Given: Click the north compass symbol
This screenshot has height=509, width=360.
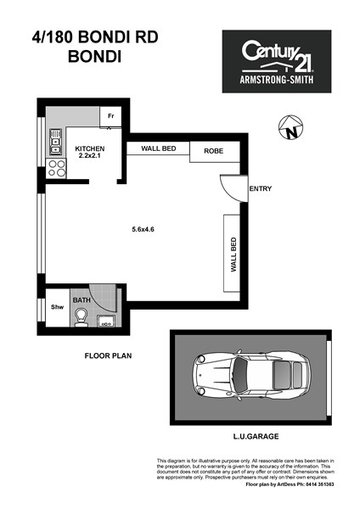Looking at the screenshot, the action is (290, 127).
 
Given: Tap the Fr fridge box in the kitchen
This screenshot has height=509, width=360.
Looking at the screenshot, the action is (110, 116).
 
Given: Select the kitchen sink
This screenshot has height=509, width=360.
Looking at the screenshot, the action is (55, 142).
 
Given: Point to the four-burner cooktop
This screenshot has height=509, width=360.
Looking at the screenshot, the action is (56, 169).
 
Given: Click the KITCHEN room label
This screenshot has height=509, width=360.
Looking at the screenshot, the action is (90, 148).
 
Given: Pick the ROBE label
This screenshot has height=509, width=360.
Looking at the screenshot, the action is (213, 151).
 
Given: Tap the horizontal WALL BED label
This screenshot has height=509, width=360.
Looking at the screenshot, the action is (159, 148).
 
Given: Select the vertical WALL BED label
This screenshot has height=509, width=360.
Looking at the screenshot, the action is (233, 255).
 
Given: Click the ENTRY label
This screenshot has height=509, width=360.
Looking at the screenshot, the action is (261, 188).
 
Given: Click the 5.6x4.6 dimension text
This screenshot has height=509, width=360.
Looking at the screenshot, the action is (143, 229).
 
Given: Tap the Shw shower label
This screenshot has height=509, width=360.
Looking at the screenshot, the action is (57, 307).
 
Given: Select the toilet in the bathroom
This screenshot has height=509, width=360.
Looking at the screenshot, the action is (80, 317).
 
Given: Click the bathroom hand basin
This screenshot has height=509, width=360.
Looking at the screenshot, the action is (106, 321).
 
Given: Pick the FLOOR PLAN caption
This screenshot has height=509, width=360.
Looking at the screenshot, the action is (108, 355).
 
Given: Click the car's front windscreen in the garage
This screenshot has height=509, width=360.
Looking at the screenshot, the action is (241, 375).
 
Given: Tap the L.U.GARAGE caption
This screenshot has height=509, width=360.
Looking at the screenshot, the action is (256, 436).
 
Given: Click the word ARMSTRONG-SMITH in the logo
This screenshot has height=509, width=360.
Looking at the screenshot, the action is (277, 79).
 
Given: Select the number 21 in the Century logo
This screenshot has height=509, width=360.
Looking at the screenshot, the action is (303, 62).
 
